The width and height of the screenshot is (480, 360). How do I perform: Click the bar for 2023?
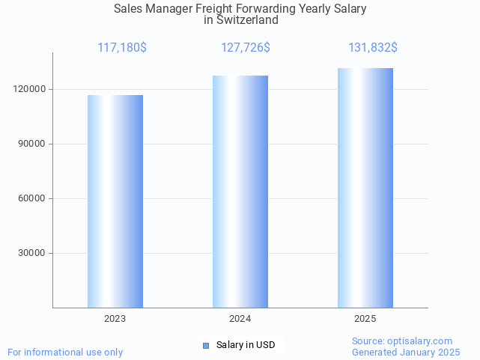tap(115, 201)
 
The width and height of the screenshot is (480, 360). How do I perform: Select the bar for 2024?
tap(240, 192)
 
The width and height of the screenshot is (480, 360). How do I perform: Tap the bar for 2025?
tap(365, 188)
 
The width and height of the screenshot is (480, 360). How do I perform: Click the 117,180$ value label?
tap(122, 48)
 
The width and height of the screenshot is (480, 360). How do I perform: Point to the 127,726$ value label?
tap(246, 48)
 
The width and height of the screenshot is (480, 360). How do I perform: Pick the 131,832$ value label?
tap(373, 48)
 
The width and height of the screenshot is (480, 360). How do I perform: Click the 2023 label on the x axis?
tap(115, 319)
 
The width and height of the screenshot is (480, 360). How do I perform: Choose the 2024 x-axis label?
tap(240, 319)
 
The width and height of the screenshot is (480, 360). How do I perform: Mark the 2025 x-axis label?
tap(365, 319)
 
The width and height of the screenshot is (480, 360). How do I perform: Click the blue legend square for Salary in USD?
tap(207, 345)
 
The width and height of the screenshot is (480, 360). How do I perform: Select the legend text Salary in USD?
tap(246, 345)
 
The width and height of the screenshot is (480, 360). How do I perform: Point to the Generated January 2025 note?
tap(406, 352)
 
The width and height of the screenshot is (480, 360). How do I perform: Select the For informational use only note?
tap(65, 352)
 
